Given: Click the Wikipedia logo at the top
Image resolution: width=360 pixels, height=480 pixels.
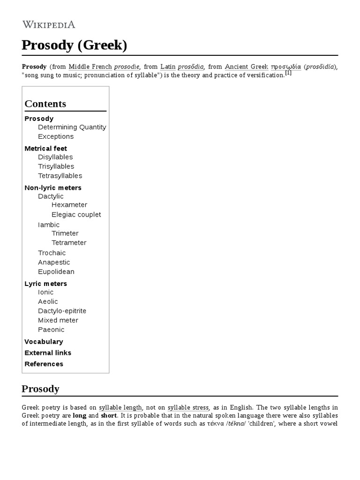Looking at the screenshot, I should tap(48, 24).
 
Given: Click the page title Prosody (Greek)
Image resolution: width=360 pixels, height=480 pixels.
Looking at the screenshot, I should tap(75, 45).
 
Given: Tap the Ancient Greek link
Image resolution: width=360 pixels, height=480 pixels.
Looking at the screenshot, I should tap(246, 67).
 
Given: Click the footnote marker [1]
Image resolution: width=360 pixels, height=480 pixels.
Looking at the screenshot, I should tap(288, 73).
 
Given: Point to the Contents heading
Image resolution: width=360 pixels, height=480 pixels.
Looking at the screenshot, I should tap(45, 104).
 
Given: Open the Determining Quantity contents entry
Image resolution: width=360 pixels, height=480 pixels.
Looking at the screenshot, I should tap(72, 127).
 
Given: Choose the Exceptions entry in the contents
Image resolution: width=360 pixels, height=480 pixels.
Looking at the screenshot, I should tap(56, 136).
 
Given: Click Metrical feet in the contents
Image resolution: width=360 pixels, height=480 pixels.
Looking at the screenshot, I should tap(45, 148).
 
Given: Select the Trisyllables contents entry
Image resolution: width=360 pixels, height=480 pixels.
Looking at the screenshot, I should tap(56, 166).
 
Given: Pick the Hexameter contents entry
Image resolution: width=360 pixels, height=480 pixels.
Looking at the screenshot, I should tap(69, 205).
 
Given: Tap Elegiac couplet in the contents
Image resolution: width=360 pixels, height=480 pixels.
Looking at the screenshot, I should tap(76, 215).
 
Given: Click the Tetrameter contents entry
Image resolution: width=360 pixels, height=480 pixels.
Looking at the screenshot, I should tap(69, 243).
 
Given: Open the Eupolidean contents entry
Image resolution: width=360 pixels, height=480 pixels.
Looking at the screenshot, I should tap(56, 272).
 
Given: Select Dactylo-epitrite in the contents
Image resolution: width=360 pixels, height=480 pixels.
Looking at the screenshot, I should tap(62, 311).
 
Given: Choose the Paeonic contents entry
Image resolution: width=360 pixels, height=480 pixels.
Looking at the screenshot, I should tap(51, 330).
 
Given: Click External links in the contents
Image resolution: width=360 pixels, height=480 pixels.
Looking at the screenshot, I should tap(48, 352).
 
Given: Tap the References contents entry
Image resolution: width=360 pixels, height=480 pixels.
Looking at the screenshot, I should tap(44, 364).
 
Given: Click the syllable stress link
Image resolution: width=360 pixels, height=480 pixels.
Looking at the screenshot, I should tap(188, 407).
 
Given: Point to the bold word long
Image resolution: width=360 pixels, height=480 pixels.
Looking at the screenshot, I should tap(80, 415).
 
